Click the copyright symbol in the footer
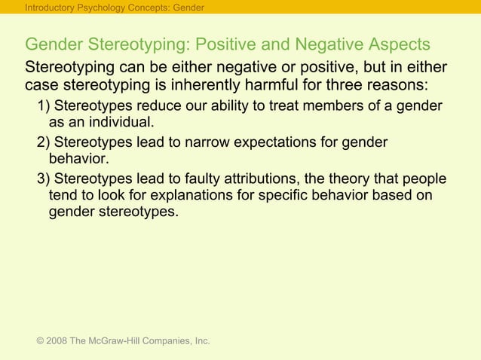[x=40, y=341]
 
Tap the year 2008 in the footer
[x=57, y=341]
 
